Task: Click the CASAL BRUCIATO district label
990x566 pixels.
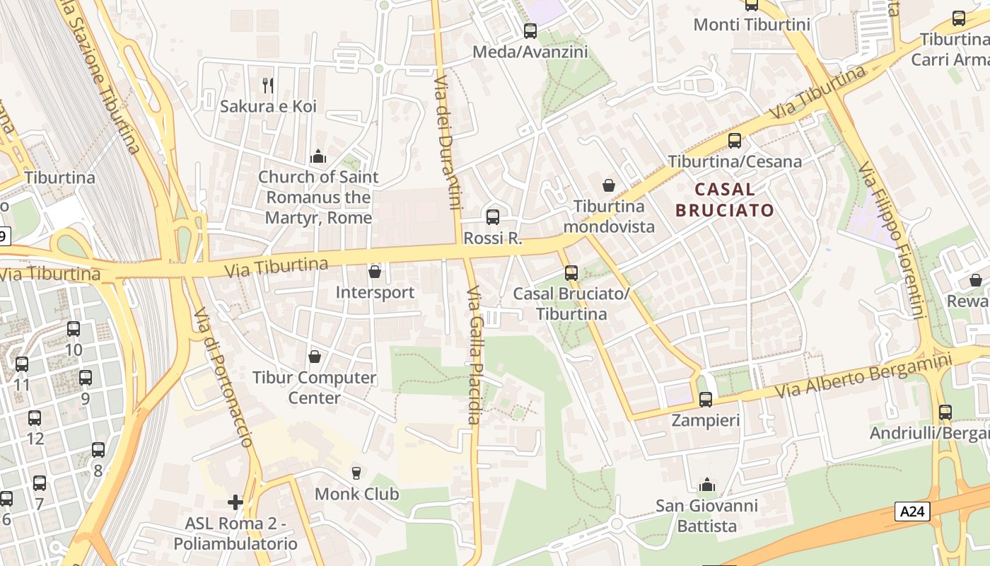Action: click(x=725, y=200)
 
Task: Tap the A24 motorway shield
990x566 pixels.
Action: click(x=912, y=512)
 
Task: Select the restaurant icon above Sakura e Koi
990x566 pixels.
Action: click(x=268, y=86)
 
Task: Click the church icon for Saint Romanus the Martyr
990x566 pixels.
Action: click(x=318, y=156)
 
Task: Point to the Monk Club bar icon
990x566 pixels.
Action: click(x=356, y=473)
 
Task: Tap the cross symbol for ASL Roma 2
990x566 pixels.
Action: click(x=235, y=502)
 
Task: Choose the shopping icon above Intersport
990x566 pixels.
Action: click(x=375, y=272)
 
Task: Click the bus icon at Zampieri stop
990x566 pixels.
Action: click(x=705, y=400)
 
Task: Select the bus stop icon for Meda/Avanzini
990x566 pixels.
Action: click(x=530, y=31)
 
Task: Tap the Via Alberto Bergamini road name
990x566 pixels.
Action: click(x=863, y=376)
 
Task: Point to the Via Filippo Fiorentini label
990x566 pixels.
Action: click(x=892, y=241)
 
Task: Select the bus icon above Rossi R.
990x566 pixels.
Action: click(x=493, y=217)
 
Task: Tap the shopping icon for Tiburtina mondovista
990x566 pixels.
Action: click(x=608, y=185)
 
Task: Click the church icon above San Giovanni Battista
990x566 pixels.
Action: click(x=706, y=485)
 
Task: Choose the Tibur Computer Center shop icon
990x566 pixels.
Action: click(x=315, y=356)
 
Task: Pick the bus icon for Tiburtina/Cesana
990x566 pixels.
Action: click(x=735, y=141)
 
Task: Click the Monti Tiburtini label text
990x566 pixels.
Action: click(x=752, y=25)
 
